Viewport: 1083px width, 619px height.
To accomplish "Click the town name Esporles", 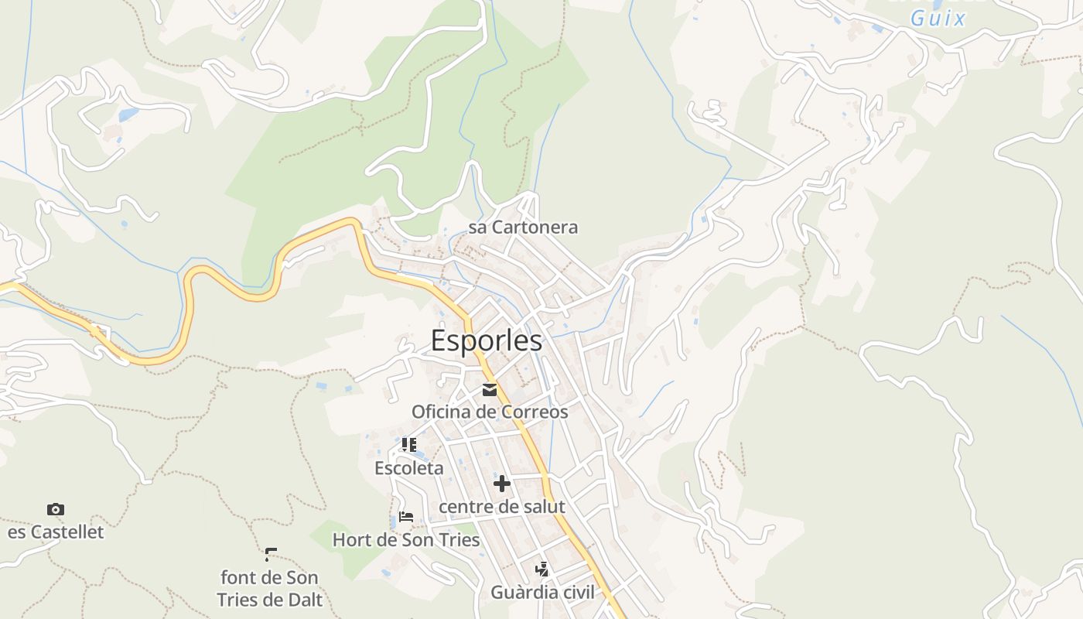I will [487, 341].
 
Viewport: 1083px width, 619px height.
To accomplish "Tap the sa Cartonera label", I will [523, 227].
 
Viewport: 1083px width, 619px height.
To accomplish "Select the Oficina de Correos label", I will [490, 412].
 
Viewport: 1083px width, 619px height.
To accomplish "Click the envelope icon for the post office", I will [490, 390].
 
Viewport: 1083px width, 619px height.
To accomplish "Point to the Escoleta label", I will [409, 468].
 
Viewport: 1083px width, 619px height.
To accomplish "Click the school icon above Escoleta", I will [409, 445].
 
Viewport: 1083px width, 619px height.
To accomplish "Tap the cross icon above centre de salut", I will [502, 484].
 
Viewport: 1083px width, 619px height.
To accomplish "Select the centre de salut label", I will [502, 507].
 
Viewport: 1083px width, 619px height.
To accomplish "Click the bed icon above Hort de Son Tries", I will [406, 517].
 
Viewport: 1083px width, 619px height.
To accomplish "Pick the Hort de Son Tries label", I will [406, 540].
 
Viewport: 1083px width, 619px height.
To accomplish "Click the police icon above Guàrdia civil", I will [542, 570].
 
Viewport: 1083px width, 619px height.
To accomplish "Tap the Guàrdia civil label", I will [542, 593].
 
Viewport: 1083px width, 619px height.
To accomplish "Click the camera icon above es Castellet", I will [56, 509].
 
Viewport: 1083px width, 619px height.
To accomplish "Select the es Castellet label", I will [56, 532].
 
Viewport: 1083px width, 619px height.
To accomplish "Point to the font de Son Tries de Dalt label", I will [269, 589].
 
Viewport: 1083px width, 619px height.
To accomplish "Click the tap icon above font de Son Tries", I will [270, 554].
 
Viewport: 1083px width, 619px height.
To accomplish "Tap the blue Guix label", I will [938, 19].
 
